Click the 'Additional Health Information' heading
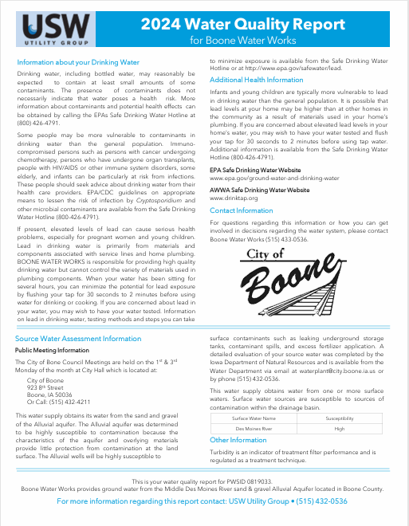[x=256, y=80]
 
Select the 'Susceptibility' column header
[x=340, y=418]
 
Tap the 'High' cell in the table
[x=340, y=428]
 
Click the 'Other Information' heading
[x=238, y=440]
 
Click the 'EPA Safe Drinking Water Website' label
[x=255, y=171]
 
